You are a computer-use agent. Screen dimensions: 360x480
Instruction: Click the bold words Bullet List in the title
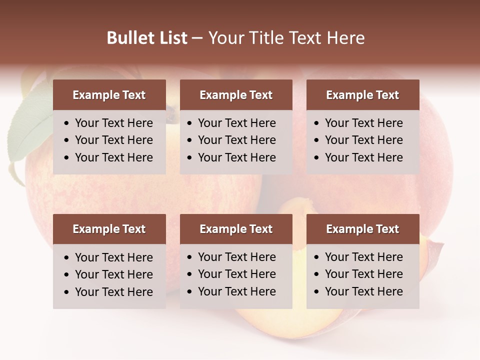(147, 38)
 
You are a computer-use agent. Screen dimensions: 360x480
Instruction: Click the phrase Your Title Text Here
(286, 38)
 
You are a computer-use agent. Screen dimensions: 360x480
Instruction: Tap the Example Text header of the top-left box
(109, 95)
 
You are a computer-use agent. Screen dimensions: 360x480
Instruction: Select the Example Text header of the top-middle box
(236, 95)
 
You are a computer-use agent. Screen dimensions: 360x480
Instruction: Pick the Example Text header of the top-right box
(362, 95)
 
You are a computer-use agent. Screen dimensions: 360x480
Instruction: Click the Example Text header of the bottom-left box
(109, 229)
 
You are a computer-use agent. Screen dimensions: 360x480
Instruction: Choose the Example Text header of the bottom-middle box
(236, 229)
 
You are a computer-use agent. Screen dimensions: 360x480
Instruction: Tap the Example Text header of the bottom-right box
(362, 229)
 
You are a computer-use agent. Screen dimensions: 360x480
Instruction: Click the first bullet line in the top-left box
(113, 123)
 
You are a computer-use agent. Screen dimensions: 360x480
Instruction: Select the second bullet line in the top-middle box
(236, 140)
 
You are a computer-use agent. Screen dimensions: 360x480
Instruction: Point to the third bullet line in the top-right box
(363, 157)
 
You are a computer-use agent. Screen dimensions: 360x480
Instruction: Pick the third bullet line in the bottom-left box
(113, 292)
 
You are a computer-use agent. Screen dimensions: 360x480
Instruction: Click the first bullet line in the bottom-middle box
(236, 257)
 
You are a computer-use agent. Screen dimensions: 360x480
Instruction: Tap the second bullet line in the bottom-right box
(363, 274)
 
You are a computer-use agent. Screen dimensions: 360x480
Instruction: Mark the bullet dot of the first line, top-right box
(316, 123)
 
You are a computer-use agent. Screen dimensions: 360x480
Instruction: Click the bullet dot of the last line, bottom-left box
(66, 292)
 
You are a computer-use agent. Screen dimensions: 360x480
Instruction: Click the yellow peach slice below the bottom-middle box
(260, 320)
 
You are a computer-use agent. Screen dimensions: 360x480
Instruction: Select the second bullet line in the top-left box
(113, 140)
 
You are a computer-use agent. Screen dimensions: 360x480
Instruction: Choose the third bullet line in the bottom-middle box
(236, 291)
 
